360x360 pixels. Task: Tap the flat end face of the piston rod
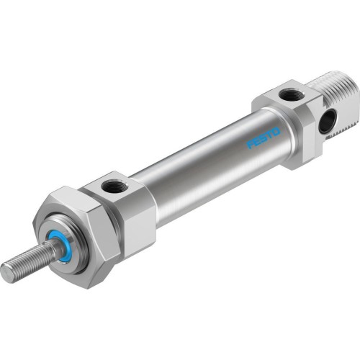[x=6, y=272]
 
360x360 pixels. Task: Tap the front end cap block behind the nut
[x=133, y=209]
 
